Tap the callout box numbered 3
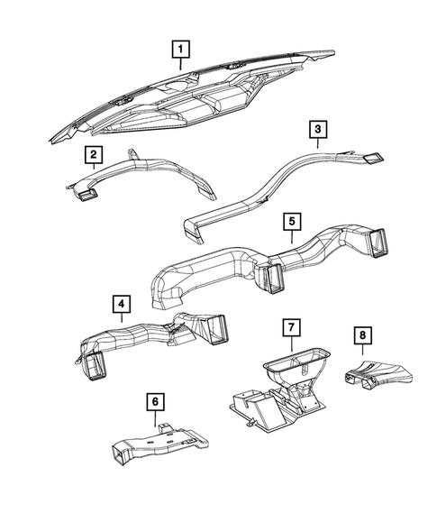(318, 130)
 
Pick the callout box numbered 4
(121, 305)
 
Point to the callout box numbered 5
(290, 220)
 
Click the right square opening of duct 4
(216, 331)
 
